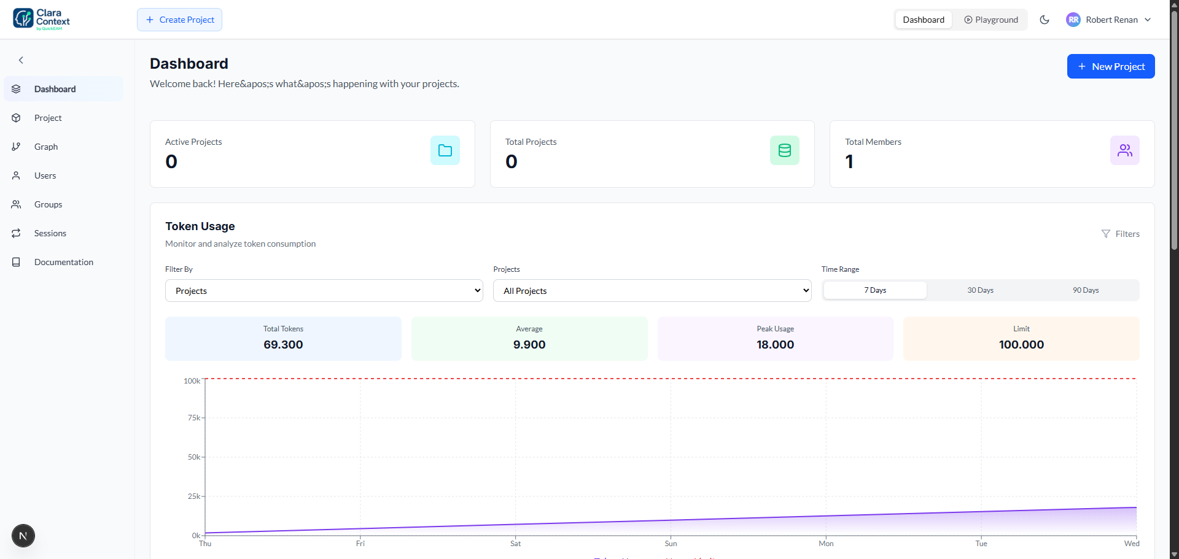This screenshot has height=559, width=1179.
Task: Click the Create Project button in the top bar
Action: (x=179, y=20)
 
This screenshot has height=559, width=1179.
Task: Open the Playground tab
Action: (x=990, y=20)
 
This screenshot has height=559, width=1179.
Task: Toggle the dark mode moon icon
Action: (x=1044, y=20)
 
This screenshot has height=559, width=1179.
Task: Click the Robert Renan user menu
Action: (x=1108, y=20)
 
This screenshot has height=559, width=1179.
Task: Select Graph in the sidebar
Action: (x=46, y=147)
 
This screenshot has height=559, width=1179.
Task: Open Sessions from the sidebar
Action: (x=50, y=233)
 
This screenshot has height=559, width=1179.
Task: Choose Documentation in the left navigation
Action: (x=63, y=262)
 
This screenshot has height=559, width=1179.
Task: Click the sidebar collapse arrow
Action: (x=21, y=60)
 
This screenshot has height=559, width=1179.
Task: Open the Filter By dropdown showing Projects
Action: (x=324, y=291)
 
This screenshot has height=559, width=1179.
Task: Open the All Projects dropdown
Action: (x=652, y=291)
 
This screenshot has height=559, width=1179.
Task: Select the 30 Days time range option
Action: (x=980, y=290)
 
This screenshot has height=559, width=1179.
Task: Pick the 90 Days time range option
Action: (x=1085, y=290)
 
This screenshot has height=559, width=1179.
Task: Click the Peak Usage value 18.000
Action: (x=775, y=345)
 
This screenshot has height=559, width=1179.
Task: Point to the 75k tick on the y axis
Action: (x=194, y=418)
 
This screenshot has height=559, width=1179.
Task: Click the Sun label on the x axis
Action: (x=671, y=544)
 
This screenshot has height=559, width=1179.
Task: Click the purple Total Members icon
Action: (x=1124, y=150)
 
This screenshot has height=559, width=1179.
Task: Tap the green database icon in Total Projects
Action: (x=784, y=150)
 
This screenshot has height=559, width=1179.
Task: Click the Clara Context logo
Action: (x=42, y=20)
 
